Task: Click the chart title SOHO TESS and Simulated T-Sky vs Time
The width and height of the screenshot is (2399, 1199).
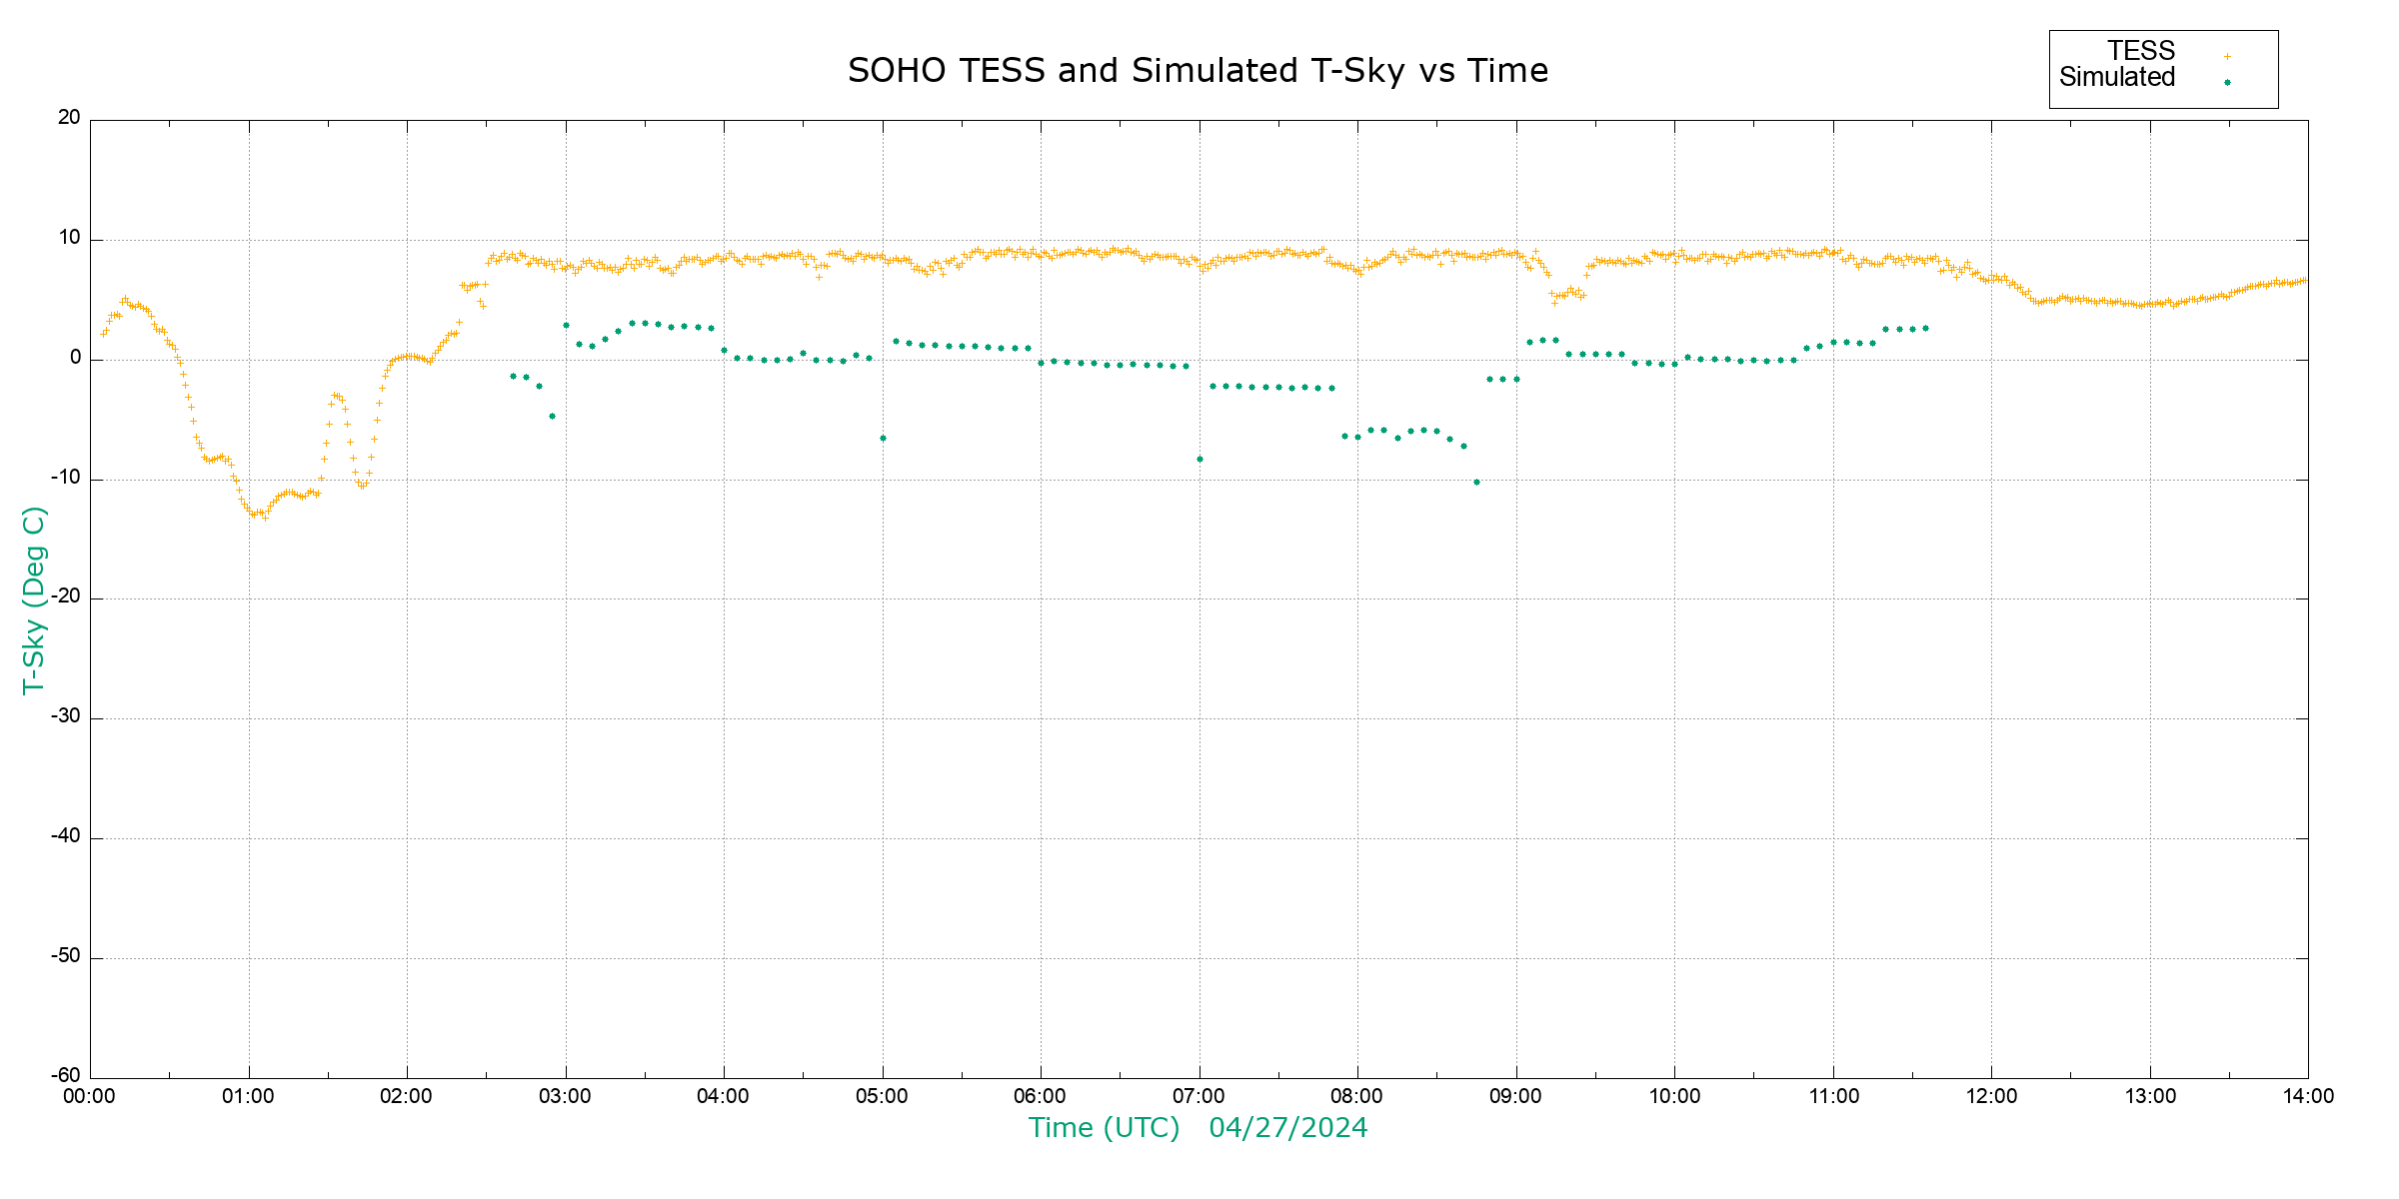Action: (1198, 71)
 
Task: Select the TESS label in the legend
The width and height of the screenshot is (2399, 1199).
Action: (2141, 51)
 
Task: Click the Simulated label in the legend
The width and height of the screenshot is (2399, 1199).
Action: (2117, 78)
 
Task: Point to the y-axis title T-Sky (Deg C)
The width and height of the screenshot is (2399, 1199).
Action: (34, 599)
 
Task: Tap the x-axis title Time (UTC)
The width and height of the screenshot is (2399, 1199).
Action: (1104, 1128)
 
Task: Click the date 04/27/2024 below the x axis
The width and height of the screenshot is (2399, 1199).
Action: (1287, 1128)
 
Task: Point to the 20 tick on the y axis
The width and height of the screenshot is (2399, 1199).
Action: (69, 118)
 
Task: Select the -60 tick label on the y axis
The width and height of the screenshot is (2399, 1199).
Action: (66, 1076)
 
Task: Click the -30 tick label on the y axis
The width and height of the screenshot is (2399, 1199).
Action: (66, 717)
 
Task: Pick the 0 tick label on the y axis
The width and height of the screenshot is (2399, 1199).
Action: (76, 358)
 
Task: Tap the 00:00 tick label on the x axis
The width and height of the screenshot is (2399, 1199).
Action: (90, 1097)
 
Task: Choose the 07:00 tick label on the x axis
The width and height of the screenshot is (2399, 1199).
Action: (1199, 1097)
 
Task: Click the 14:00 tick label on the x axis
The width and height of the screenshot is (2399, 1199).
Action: (2308, 1097)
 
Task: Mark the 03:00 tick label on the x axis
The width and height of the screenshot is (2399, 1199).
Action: (565, 1097)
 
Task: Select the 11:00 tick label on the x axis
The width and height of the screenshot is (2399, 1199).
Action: (1833, 1097)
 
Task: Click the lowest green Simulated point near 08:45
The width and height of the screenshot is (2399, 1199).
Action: (1476, 483)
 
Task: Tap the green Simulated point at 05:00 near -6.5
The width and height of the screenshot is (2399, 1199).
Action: (883, 439)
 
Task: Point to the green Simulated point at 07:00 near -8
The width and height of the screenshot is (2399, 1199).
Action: (1199, 460)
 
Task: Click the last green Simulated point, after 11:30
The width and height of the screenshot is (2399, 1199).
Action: (1925, 329)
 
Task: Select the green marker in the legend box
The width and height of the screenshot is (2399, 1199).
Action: (2227, 83)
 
